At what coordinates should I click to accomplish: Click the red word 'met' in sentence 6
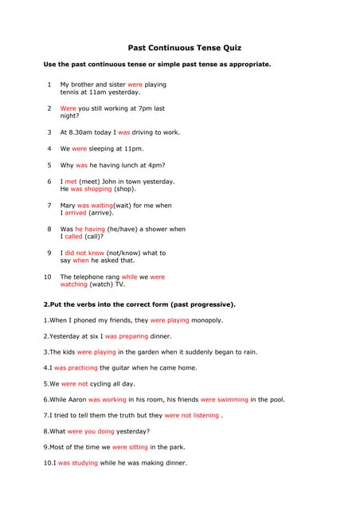point(71,182)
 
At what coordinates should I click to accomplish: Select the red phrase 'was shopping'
point(92,190)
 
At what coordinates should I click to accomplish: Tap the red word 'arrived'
point(76,214)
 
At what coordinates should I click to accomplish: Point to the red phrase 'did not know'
point(84,253)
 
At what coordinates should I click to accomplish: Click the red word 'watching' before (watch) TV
point(74,284)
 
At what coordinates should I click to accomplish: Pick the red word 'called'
point(74,237)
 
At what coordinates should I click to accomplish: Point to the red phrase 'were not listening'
point(191,415)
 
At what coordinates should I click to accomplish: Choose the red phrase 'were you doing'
point(91,431)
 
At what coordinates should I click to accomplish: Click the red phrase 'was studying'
point(78,463)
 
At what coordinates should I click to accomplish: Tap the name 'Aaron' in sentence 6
point(77,399)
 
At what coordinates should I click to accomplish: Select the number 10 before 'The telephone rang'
point(47,277)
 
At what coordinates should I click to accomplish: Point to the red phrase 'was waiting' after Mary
point(96,206)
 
